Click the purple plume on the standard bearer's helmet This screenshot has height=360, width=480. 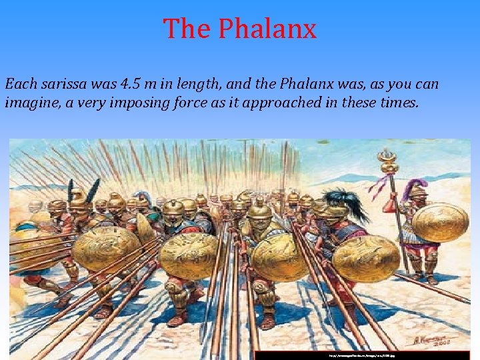[x=419, y=185]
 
